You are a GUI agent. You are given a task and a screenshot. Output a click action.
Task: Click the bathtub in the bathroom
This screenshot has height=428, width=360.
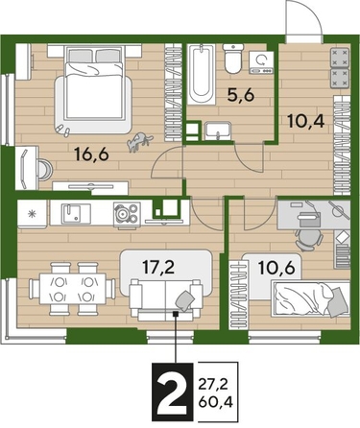(x=201, y=75)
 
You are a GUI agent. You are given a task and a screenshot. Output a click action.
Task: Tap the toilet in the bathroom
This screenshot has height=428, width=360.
(x=232, y=62)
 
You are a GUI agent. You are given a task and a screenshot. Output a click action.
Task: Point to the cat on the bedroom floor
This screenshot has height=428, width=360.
(x=140, y=140)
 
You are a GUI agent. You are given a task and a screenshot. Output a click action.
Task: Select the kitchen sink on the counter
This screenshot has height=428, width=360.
(x=75, y=210)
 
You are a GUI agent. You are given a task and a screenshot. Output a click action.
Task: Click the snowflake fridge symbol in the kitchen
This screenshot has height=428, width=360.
(x=33, y=210)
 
